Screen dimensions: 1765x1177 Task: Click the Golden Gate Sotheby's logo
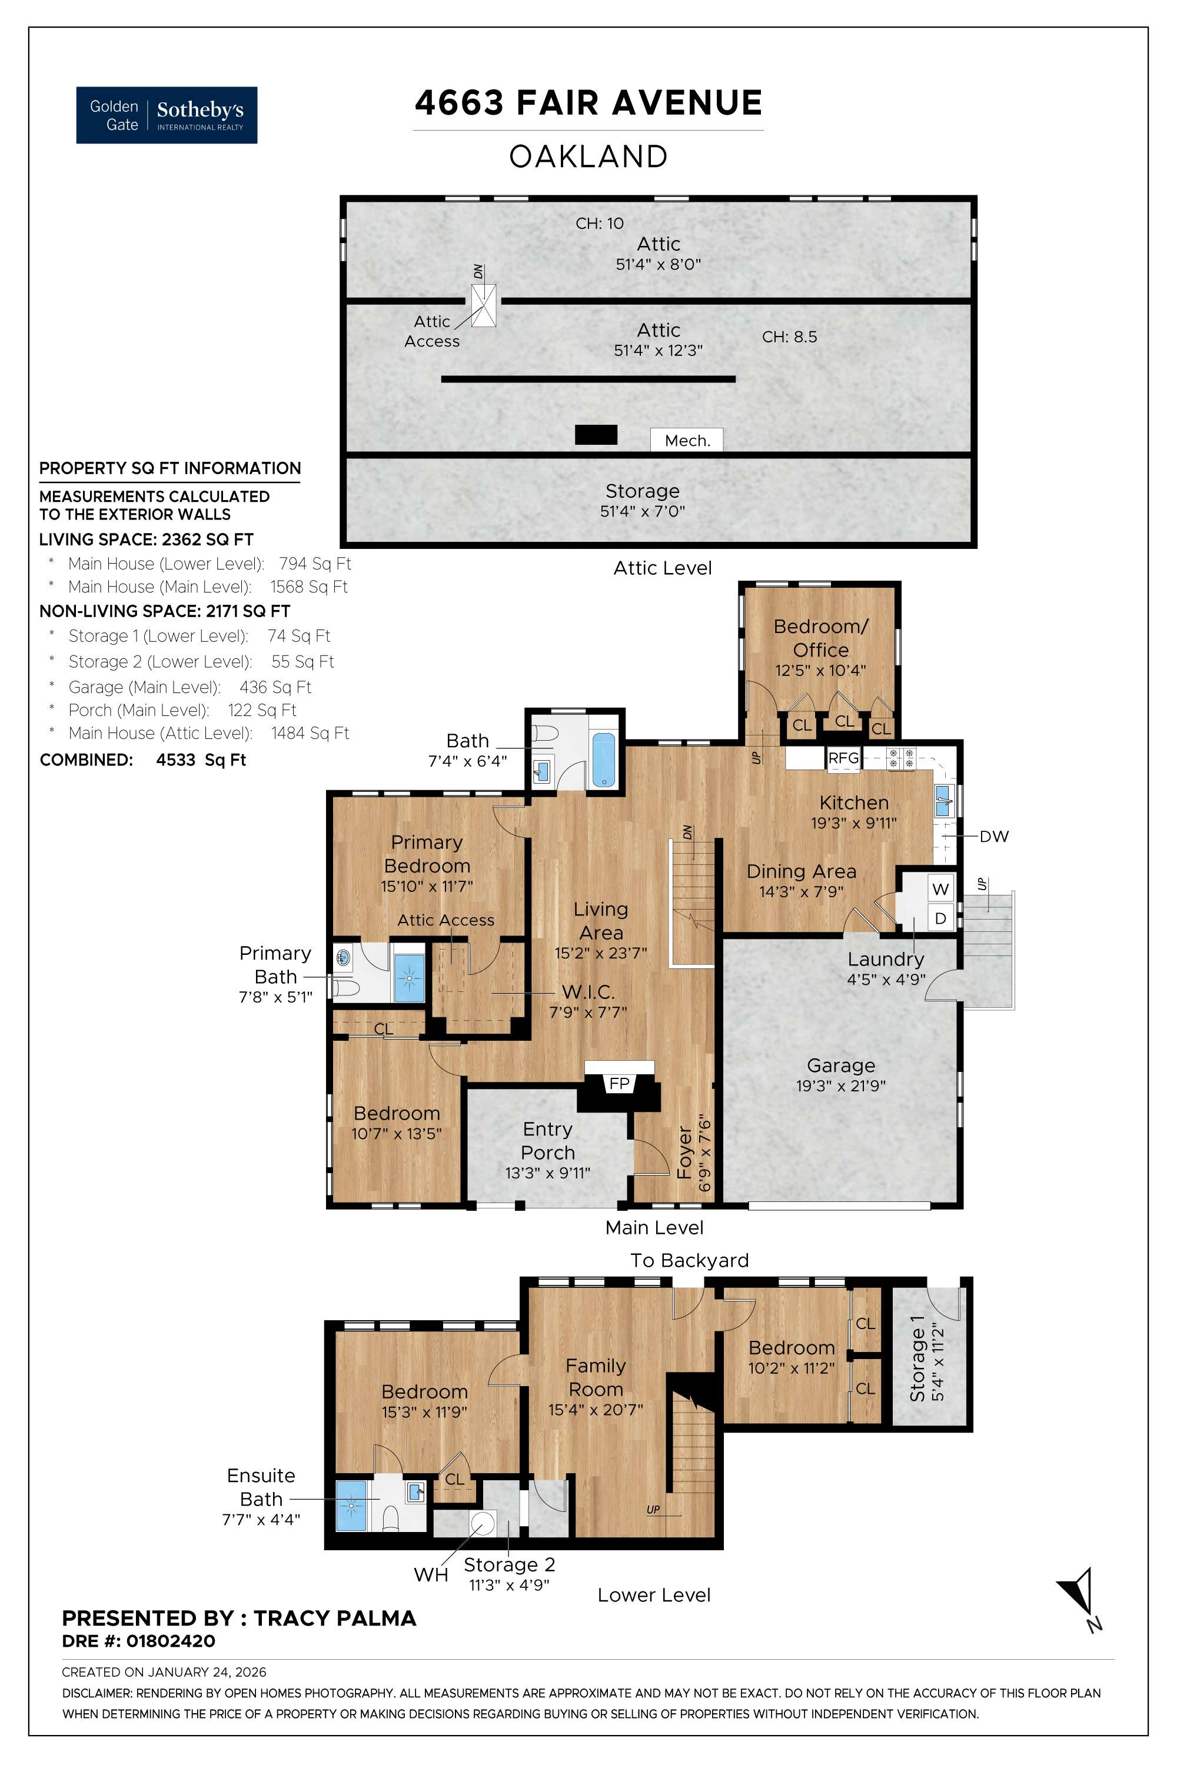(167, 115)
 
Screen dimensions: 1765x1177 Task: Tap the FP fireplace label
(619, 1083)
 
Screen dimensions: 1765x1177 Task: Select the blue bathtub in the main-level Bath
(604, 760)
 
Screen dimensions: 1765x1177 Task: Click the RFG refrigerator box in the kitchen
(843, 758)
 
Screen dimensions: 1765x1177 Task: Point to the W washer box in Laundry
(940, 889)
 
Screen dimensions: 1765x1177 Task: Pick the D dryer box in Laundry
(940, 918)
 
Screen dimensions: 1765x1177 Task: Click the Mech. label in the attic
(687, 441)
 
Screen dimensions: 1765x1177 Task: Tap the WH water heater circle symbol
(482, 1523)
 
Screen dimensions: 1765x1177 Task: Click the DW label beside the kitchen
(994, 836)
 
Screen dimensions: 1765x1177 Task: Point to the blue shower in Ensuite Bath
(352, 1504)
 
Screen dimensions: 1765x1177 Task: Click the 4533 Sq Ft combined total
(201, 760)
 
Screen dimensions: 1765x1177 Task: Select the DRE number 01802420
(171, 1641)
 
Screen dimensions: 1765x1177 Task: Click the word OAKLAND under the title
(588, 156)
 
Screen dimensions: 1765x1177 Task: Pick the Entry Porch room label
(548, 1141)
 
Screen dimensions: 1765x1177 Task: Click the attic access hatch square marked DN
(484, 305)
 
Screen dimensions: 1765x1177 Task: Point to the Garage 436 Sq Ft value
(275, 687)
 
